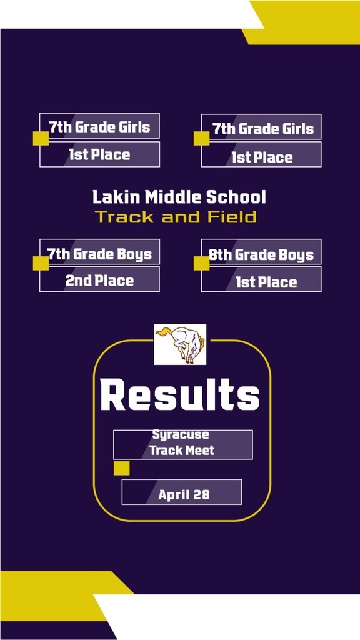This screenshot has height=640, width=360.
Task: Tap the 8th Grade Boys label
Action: [261, 255]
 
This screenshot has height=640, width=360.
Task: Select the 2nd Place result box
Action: [99, 279]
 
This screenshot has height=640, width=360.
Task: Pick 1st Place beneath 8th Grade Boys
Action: [266, 282]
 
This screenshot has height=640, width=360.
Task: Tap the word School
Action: [236, 197]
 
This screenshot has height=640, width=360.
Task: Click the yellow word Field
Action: [232, 217]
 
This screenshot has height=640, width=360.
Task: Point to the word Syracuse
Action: [181, 434]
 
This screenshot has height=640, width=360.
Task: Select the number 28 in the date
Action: [202, 495]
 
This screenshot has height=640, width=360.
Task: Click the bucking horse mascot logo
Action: [180, 344]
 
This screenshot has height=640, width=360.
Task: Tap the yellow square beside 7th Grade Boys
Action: [41, 263]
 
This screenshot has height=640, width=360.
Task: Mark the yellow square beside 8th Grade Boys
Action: [202, 263]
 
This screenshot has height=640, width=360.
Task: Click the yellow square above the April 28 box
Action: [122, 468]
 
